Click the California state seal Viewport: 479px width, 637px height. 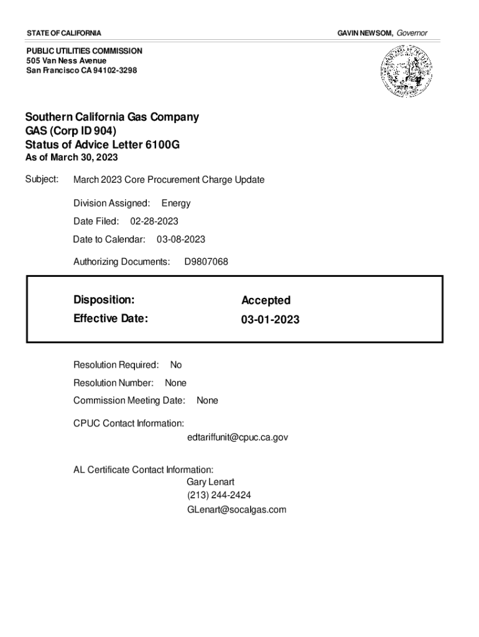[404, 73]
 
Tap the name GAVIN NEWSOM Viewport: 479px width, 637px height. [365, 32]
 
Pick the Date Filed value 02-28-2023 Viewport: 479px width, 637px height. [154, 221]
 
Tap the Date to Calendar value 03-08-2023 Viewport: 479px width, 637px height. [181, 239]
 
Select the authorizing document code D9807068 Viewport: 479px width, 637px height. [207, 262]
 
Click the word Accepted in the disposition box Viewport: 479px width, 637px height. [266, 300]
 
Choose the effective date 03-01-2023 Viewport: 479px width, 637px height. [270, 320]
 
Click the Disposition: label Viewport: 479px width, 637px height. [104, 300]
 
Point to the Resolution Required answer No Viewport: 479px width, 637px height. [176, 365]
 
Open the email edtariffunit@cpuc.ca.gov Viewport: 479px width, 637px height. [238, 437]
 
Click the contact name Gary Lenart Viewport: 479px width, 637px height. [210, 482]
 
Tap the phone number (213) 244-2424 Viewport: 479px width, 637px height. [219, 496]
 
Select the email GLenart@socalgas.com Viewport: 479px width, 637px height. [236, 509]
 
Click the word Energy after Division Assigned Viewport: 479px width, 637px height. [176, 203]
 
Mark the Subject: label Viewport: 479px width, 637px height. [42, 179]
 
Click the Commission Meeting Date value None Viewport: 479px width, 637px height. [207, 401]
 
